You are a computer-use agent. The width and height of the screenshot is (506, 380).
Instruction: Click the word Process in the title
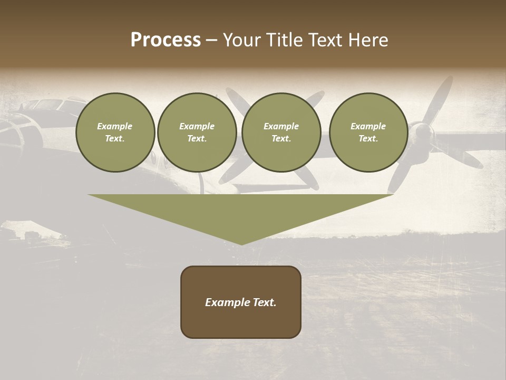[166, 40]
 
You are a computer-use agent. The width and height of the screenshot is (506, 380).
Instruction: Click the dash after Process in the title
[211, 41]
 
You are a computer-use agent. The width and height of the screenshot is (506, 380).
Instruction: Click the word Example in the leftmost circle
[115, 126]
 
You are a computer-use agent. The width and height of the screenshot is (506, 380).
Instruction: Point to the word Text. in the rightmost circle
[368, 138]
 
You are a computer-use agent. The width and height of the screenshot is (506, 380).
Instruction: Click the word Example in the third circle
[281, 126]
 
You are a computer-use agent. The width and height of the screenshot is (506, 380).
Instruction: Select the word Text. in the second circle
[197, 138]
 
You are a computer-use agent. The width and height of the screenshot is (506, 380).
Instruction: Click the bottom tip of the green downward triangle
[241, 244]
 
